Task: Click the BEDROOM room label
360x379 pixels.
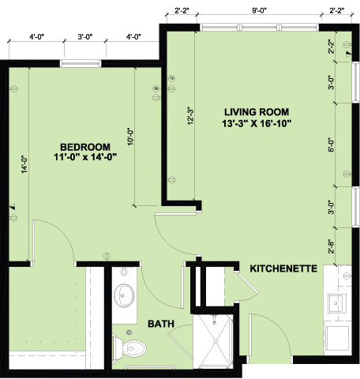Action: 85,147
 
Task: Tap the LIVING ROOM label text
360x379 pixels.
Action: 257,112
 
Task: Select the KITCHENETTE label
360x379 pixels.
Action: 283,268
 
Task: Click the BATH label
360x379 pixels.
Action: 161,324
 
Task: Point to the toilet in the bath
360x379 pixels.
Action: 129,348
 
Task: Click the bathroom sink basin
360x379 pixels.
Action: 124,295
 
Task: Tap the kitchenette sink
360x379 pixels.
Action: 336,303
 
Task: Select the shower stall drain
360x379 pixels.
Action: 216,341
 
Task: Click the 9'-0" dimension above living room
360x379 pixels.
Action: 260,10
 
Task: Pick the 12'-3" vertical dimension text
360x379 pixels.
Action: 190,116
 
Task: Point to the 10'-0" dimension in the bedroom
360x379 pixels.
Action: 130,137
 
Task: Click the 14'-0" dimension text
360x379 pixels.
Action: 24,164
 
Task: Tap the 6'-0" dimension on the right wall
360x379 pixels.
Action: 332,145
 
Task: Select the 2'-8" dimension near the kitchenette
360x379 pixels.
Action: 332,246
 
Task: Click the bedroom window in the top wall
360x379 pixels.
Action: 81,63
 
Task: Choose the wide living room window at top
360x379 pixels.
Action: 259,28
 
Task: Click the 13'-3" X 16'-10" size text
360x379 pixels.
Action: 257,123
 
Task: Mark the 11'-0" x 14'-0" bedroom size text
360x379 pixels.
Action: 85,157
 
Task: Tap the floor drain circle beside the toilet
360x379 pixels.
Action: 129,332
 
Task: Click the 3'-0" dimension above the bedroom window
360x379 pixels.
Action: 85,37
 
